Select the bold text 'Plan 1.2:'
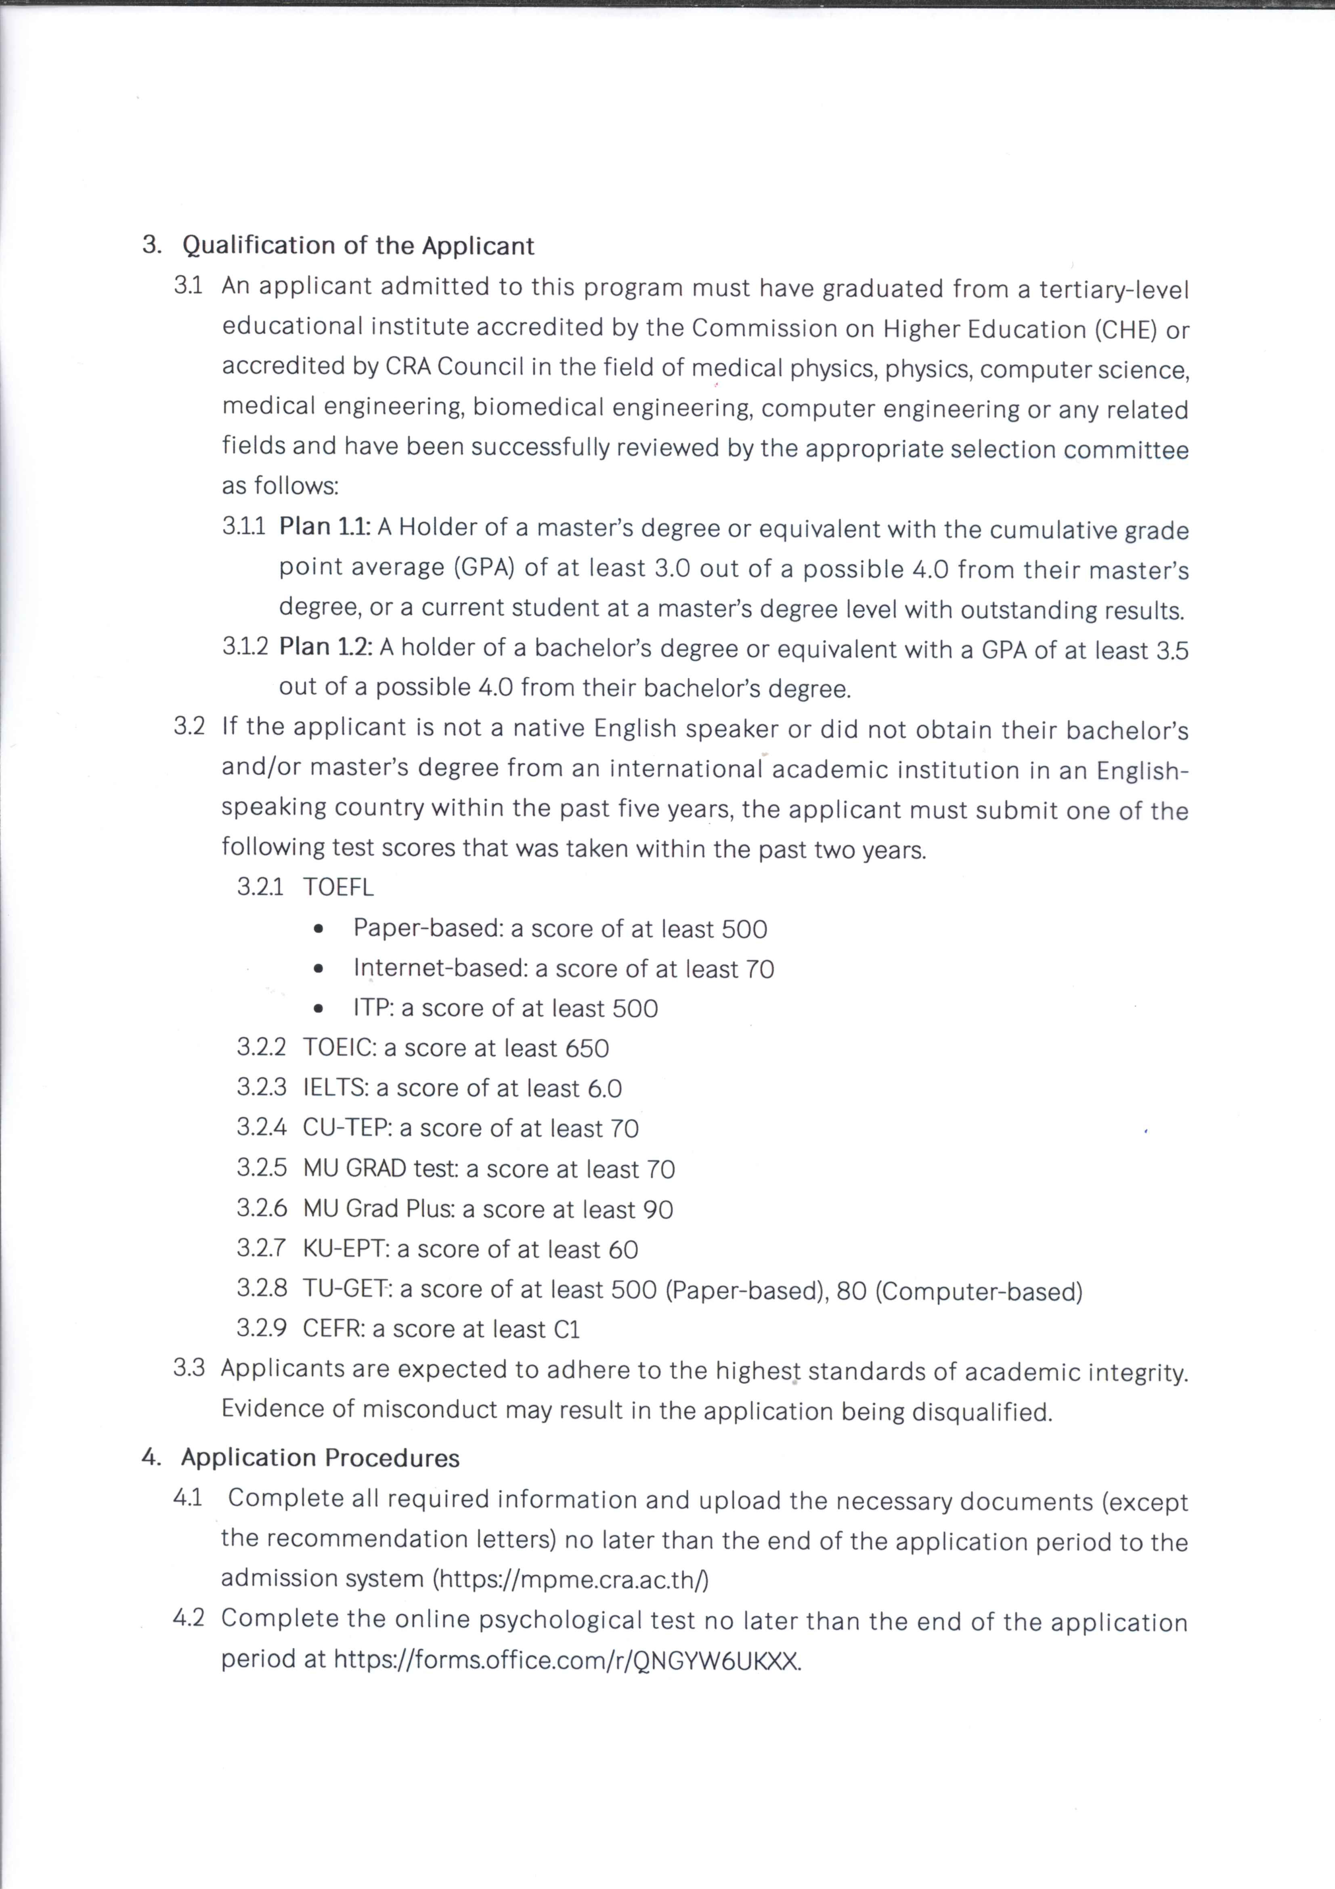pyautogui.click(x=326, y=647)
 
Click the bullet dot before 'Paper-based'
pyautogui.click(x=319, y=930)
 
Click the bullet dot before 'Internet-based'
pyautogui.click(x=319, y=969)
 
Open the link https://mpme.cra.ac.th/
pyautogui.click(x=571, y=1579)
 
